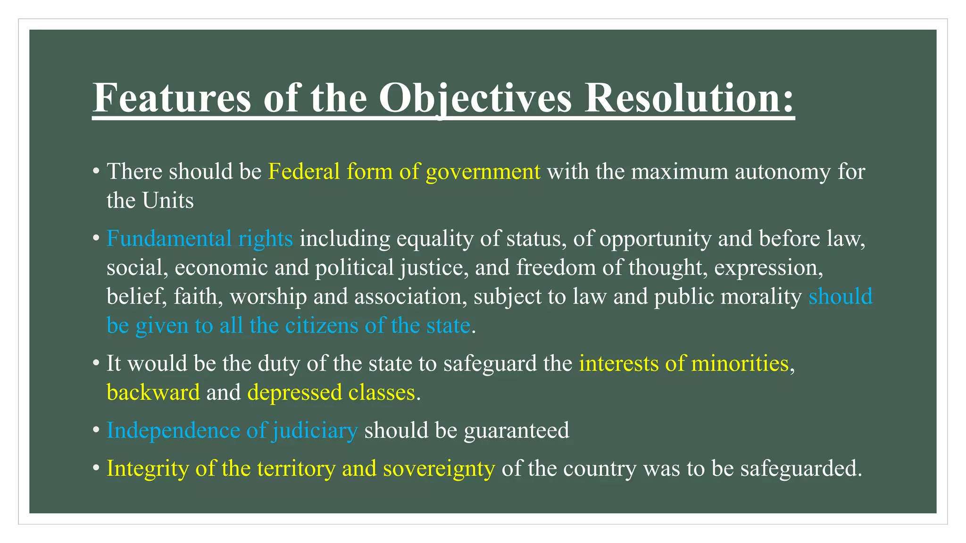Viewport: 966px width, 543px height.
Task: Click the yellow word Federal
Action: (x=304, y=171)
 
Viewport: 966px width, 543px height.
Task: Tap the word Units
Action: (x=168, y=200)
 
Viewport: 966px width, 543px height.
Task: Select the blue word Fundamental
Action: (x=169, y=239)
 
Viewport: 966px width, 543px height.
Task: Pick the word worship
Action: (x=268, y=297)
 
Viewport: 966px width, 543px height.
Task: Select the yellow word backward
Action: (x=153, y=393)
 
